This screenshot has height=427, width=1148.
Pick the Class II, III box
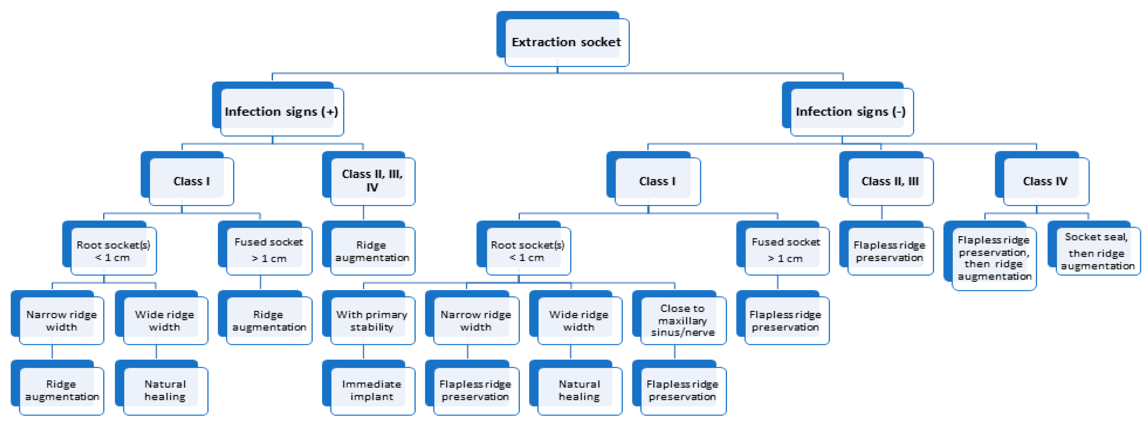point(890,181)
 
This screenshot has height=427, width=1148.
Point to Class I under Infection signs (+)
point(191,181)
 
